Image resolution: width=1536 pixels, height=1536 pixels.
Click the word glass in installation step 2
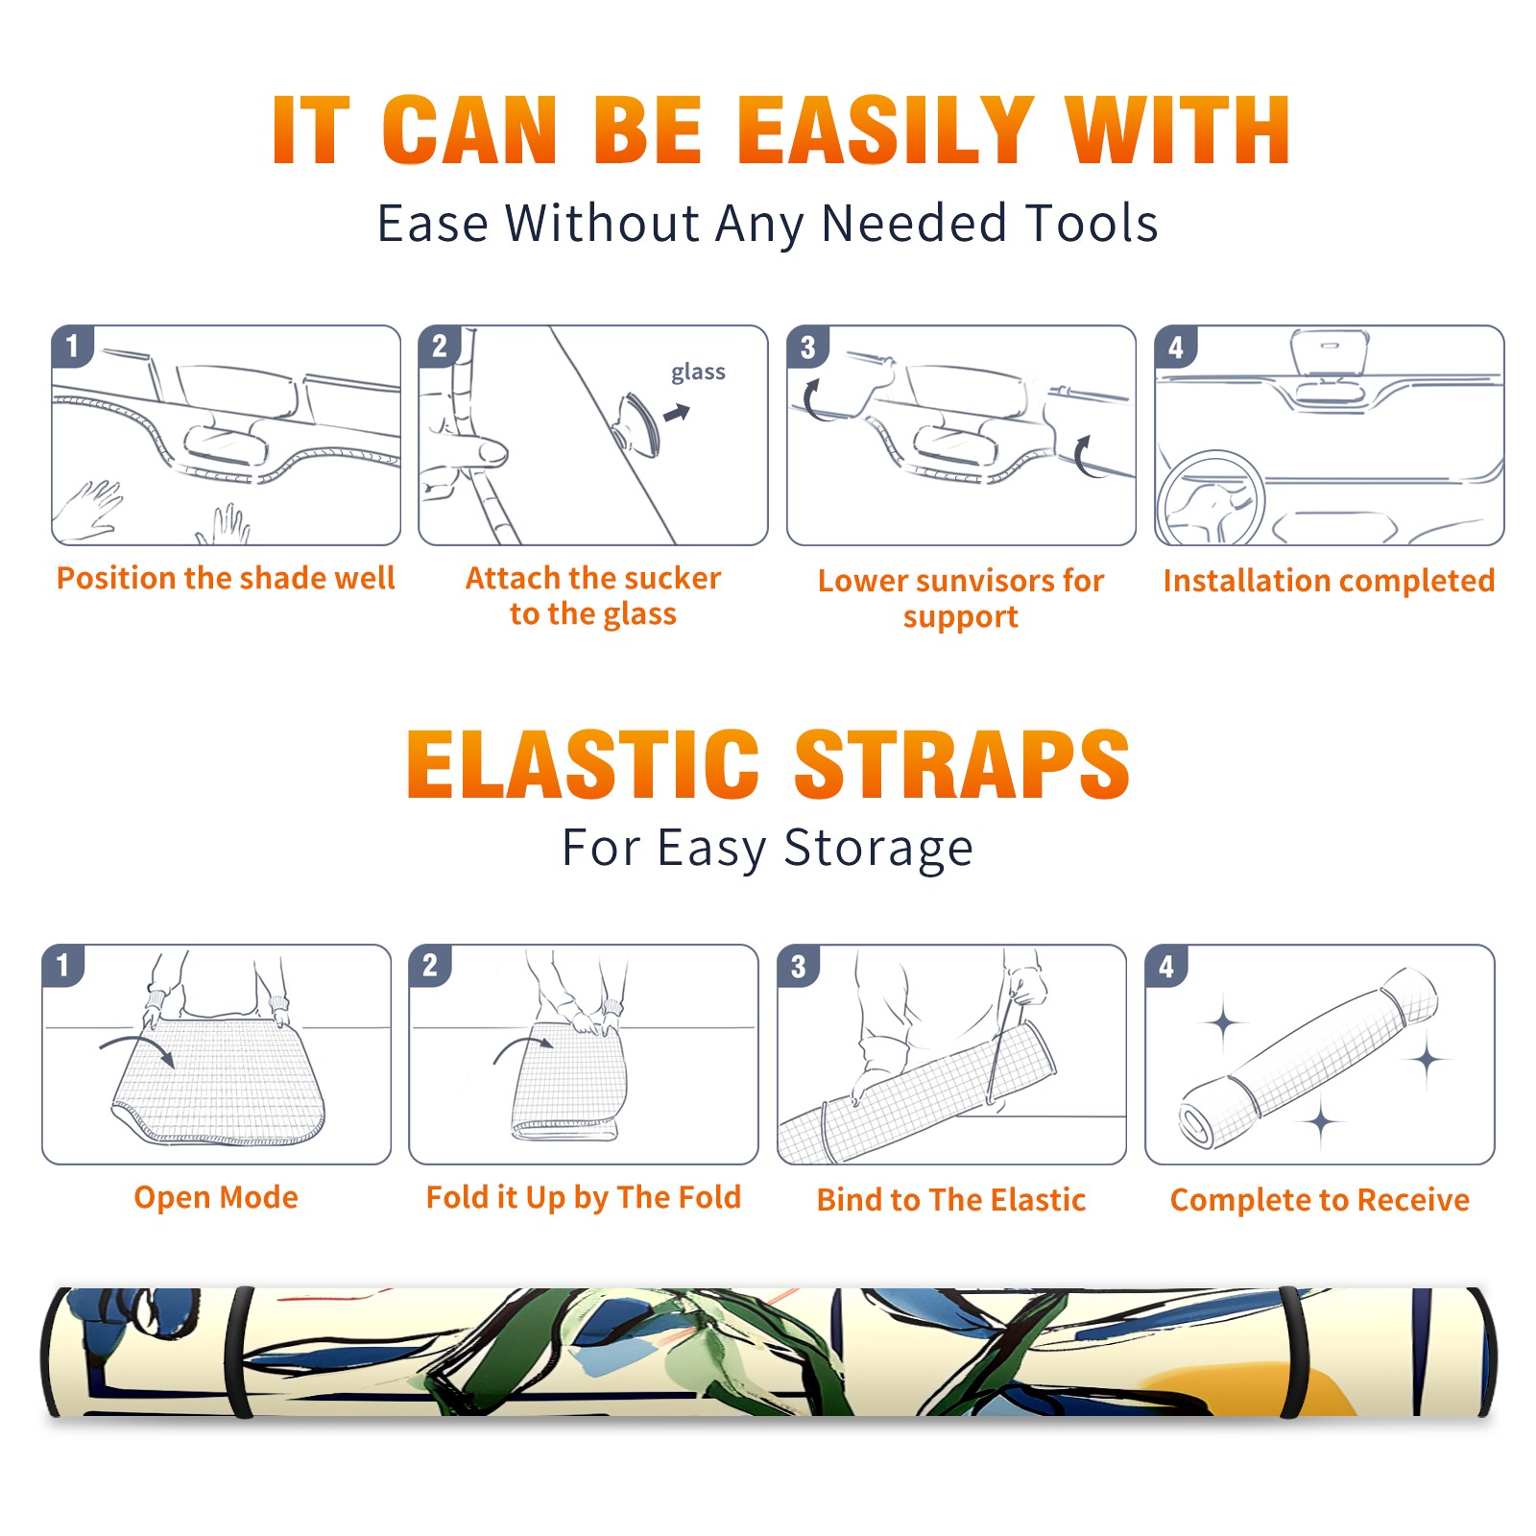coord(698,372)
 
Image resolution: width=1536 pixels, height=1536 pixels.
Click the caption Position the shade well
coord(226,578)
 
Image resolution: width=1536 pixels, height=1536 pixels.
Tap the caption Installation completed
coord(1329,580)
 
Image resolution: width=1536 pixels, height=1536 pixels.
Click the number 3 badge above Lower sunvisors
coord(808,347)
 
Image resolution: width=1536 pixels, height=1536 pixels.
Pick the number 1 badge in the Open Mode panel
coord(63,965)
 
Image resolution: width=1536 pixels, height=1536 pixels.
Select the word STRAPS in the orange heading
coord(962,764)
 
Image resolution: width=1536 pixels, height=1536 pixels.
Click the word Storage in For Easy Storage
coord(878,849)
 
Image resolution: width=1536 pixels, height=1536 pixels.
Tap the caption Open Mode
coord(216,1197)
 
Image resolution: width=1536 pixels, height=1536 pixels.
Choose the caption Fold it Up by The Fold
coord(584,1197)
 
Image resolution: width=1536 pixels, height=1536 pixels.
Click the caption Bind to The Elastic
coord(951,1199)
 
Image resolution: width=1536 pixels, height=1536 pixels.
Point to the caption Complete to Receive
coord(1320,1199)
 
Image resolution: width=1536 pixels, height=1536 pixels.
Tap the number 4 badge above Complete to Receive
coord(1166,965)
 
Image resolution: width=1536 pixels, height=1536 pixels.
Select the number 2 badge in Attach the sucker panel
coord(440,347)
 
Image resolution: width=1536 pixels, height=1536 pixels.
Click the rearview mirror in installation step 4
coord(1329,360)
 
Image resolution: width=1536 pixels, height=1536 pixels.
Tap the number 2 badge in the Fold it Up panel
coord(430,965)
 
